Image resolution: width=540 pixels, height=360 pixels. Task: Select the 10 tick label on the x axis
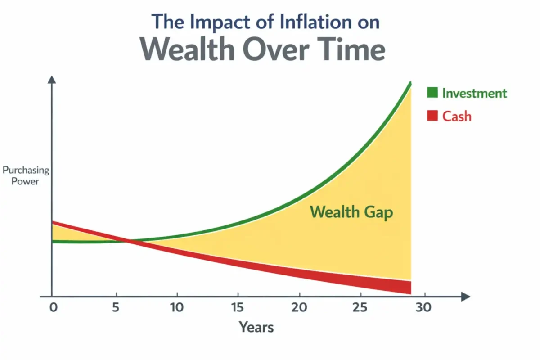coord(177,308)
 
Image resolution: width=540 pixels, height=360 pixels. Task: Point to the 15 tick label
coord(237,308)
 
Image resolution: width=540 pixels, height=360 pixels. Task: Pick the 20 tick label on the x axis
coord(299,308)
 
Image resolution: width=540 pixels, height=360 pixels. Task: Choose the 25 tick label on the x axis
coord(360,308)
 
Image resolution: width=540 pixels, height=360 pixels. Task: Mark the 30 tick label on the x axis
coord(423,308)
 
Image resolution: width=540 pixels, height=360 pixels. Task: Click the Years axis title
coord(256,327)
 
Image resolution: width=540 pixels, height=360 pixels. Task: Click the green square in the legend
coord(432,93)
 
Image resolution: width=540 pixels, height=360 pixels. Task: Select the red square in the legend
coord(432,116)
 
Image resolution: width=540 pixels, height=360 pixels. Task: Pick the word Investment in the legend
coord(474,93)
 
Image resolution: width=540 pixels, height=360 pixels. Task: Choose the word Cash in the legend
coord(457,116)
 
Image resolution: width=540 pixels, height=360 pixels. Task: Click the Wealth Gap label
coord(351,212)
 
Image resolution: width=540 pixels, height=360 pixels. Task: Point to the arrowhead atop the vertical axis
coord(52,80)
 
